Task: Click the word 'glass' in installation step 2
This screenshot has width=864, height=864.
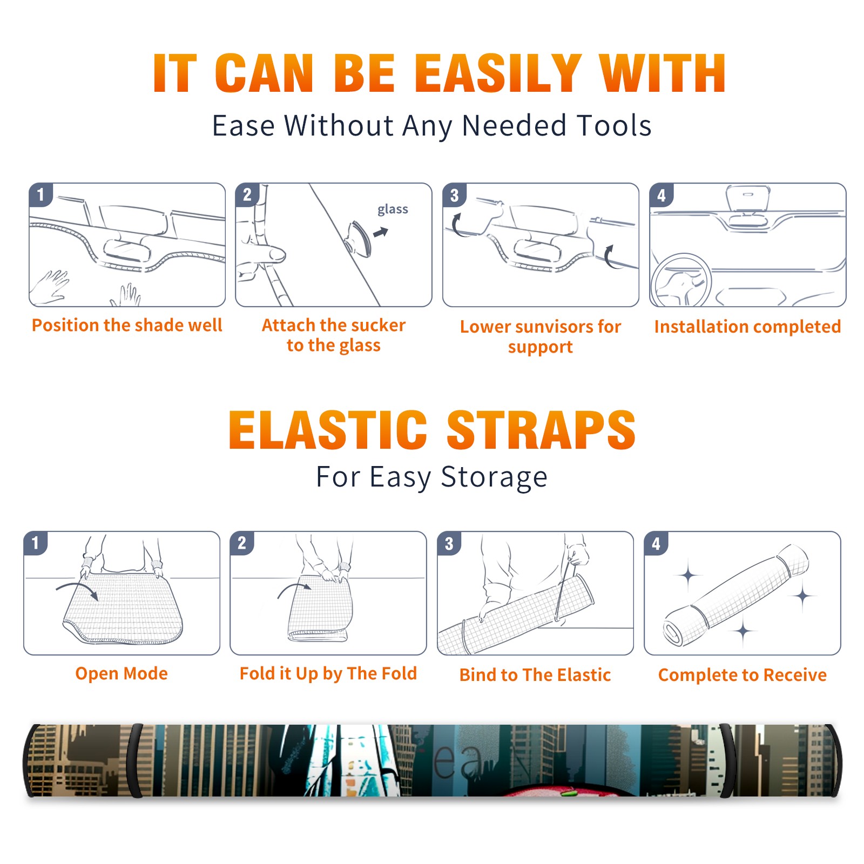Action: point(393,210)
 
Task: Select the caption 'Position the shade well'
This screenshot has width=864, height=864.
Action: point(127,325)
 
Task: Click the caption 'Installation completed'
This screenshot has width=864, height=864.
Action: point(747,327)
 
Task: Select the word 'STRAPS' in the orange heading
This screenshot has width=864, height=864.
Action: point(541,430)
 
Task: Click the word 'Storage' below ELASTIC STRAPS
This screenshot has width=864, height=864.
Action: point(494,478)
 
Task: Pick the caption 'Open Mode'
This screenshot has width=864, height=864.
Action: point(122,673)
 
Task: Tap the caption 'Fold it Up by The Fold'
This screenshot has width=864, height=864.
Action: point(328,673)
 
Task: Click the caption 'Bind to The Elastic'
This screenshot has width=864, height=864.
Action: point(535,675)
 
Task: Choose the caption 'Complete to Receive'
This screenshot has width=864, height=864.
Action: point(742,675)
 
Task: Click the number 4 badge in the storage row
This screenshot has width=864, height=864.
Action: point(657,543)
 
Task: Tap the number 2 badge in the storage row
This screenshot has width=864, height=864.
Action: point(242,543)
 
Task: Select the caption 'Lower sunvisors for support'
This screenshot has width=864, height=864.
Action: point(541,336)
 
